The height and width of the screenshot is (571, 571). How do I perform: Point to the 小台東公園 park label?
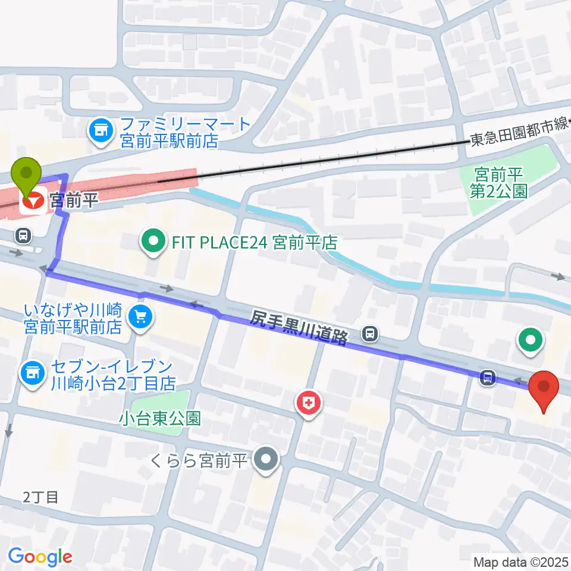(x=159, y=418)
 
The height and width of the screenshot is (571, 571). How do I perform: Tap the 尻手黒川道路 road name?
(x=299, y=328)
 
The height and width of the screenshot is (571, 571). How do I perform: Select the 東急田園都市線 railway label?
(x=517, y=137)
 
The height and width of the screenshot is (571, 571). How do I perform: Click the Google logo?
(x=40, y=557)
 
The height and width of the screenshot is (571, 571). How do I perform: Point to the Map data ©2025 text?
(x=521, y=561)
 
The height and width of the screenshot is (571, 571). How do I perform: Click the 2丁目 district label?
(x=41, y=497)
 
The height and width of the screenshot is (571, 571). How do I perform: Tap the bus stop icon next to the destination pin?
(x=488, y=377)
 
